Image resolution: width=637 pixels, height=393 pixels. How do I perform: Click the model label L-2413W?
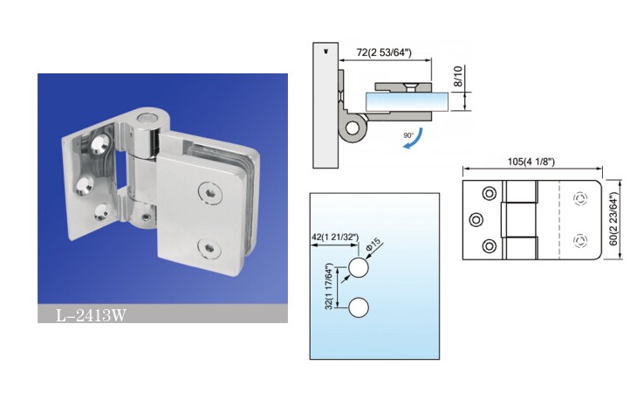coord(91,315)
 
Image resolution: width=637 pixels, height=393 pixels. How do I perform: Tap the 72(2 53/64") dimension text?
coord(384,52)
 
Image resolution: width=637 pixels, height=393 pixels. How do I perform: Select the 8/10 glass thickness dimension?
coord(458,76)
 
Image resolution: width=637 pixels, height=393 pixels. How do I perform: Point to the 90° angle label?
coord(408,135)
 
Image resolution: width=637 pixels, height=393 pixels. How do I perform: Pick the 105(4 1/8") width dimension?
coord(531,162)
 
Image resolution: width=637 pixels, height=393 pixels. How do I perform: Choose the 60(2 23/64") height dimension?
coord(613,219)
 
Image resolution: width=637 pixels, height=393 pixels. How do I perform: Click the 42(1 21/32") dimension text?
coord(335,237)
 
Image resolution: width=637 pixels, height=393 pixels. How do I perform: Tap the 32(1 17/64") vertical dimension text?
coord(330,286)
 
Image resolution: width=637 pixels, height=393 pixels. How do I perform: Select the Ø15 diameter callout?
coord(374,245)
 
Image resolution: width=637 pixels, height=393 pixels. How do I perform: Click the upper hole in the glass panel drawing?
coord(359,268)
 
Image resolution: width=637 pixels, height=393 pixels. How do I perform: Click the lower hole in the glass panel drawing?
coord(359,307)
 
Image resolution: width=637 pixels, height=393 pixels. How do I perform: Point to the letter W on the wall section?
coord(325,52)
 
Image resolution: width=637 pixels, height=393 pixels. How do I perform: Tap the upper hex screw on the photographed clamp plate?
coord(211,193)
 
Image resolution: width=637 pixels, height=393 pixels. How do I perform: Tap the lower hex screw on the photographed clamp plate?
coord(209,247)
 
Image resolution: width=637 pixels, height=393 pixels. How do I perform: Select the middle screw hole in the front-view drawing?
coord(476,220)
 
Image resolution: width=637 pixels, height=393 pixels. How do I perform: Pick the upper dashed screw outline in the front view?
coord(579,199)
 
